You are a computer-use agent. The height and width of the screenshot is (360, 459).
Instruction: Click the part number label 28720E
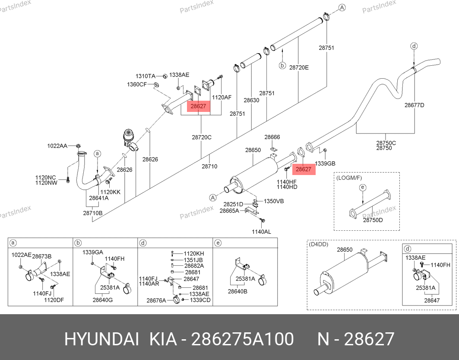[299, 67]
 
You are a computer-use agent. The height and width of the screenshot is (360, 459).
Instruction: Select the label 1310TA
[145, 76]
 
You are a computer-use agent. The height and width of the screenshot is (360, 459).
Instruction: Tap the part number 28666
[272, 137]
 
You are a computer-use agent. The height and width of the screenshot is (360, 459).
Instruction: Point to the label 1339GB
[325, 163]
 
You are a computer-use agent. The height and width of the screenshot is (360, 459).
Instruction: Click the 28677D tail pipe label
[415, 105]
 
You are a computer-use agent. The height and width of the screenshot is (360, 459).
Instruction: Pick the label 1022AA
[57, 146]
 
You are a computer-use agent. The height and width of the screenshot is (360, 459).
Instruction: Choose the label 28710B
[93, 213]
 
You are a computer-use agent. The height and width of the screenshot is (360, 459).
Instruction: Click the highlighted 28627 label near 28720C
[199, 106]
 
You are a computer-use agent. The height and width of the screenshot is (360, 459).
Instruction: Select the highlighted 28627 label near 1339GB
[304, 169]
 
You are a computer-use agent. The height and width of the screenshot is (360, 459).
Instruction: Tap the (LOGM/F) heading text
[349, 178]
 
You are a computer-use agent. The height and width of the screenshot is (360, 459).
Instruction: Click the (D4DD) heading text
[319, 244]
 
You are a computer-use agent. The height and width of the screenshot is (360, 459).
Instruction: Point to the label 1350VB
[274, 201]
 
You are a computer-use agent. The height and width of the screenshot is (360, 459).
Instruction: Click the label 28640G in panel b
[103, 300]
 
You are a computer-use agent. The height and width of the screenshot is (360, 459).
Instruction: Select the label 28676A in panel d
[156, 300]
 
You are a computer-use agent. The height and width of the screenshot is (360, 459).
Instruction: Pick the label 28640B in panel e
[237, 291]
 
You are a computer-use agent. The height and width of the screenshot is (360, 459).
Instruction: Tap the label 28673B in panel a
[41, 256]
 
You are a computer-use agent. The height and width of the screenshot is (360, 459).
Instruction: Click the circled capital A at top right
[342, 8]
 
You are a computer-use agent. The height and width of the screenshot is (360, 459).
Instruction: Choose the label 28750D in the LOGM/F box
[373, 220]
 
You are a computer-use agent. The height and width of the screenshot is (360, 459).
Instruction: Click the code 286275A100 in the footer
[242, 339]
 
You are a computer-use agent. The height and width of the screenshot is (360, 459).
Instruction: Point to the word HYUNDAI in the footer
[101, 339]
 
